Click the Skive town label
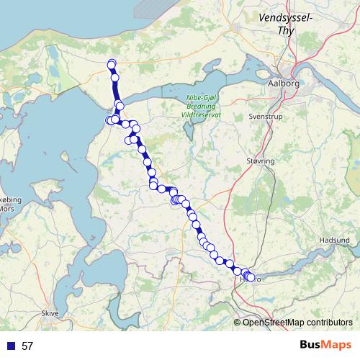50,313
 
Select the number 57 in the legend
27,346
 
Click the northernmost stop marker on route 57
112,63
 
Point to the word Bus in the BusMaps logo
311,345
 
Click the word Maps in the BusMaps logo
336,345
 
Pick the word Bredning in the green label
202,109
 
